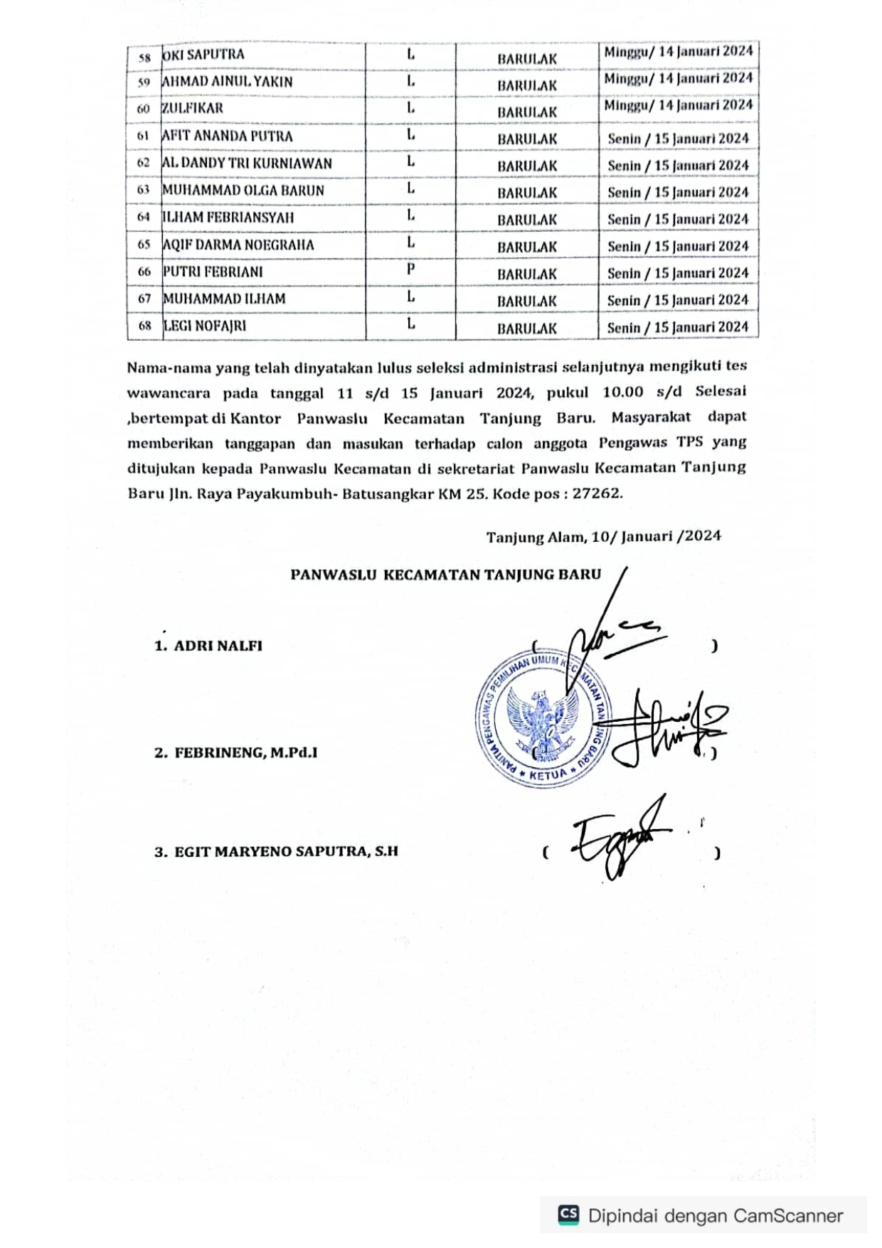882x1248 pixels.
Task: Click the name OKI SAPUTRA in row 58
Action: (203, 55)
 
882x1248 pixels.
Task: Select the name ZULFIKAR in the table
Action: (193, 108)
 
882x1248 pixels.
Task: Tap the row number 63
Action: (144, 190)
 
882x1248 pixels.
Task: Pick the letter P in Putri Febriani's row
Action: (410, 270)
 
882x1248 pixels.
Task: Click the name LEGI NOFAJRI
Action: (205, 326)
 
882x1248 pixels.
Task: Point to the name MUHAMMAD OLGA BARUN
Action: (243, 191)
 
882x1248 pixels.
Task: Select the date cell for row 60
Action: (678, 105)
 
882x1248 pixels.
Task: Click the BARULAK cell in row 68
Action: (526, 329)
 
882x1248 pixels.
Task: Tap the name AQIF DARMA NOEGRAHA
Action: (238, 245)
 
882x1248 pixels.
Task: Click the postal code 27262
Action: (597, 493)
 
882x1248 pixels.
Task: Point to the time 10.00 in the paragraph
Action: (622, 392)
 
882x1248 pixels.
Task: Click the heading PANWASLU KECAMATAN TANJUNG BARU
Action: (445, 575)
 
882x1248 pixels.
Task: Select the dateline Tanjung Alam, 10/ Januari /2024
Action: (603, 536)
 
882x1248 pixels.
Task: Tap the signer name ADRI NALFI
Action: (218, 646)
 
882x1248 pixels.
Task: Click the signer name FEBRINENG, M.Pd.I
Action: (245, 752)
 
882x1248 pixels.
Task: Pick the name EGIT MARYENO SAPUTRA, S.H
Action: (286, 851)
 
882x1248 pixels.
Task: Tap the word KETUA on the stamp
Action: (548, 774)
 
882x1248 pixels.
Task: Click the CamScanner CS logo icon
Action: (568, 1215)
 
